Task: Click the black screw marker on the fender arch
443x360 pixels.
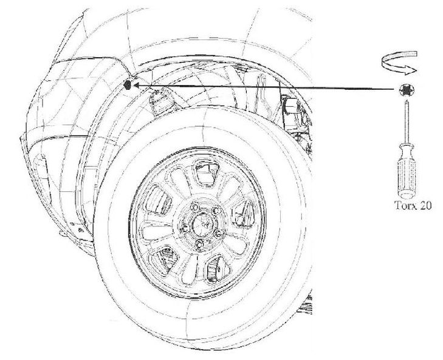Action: (x=128, y=85)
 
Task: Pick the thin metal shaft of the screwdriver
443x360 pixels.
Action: (x=404, y=124)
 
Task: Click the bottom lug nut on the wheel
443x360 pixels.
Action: (x=199, y=245)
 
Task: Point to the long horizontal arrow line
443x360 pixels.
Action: (x=267, y=88)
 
